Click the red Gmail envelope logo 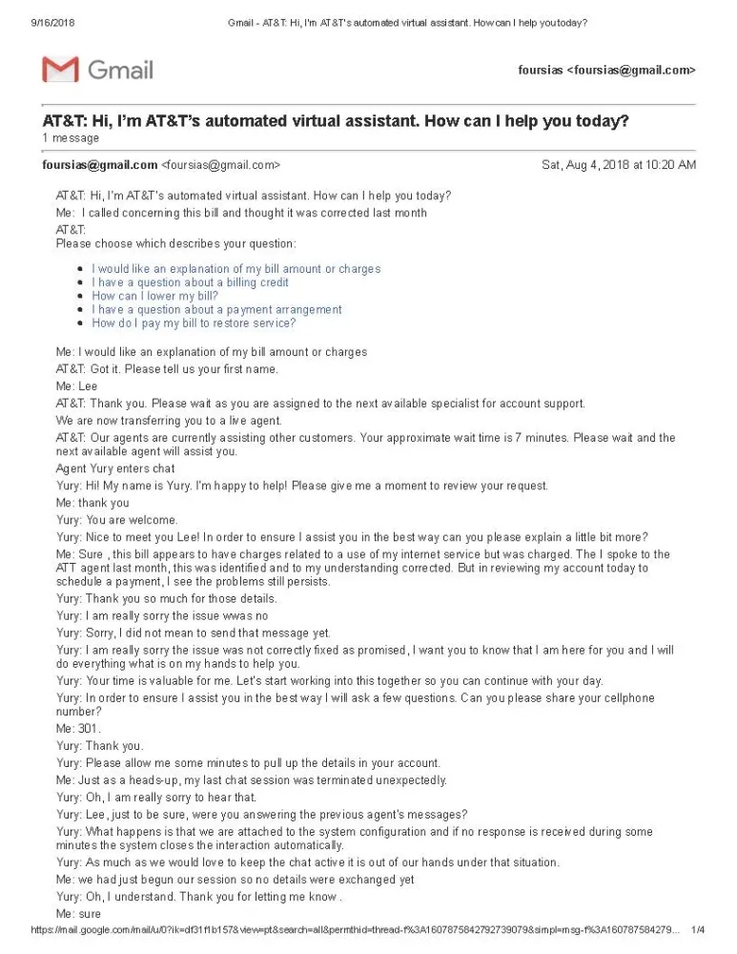[60, 70]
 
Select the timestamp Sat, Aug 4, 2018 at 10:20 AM [618, 165]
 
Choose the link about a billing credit [190, 282]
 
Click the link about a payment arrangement [216, 309]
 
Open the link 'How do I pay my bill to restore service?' [194, 322]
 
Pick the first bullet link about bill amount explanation [235, 269]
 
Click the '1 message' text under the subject [71, 138]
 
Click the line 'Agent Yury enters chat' [115, 468]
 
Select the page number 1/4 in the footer [698, 929]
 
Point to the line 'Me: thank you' [92, 503]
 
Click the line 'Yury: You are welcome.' [117, 520]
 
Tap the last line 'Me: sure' [78, 913]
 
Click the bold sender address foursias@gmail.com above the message [100, 165]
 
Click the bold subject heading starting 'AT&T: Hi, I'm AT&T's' [335, 121]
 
